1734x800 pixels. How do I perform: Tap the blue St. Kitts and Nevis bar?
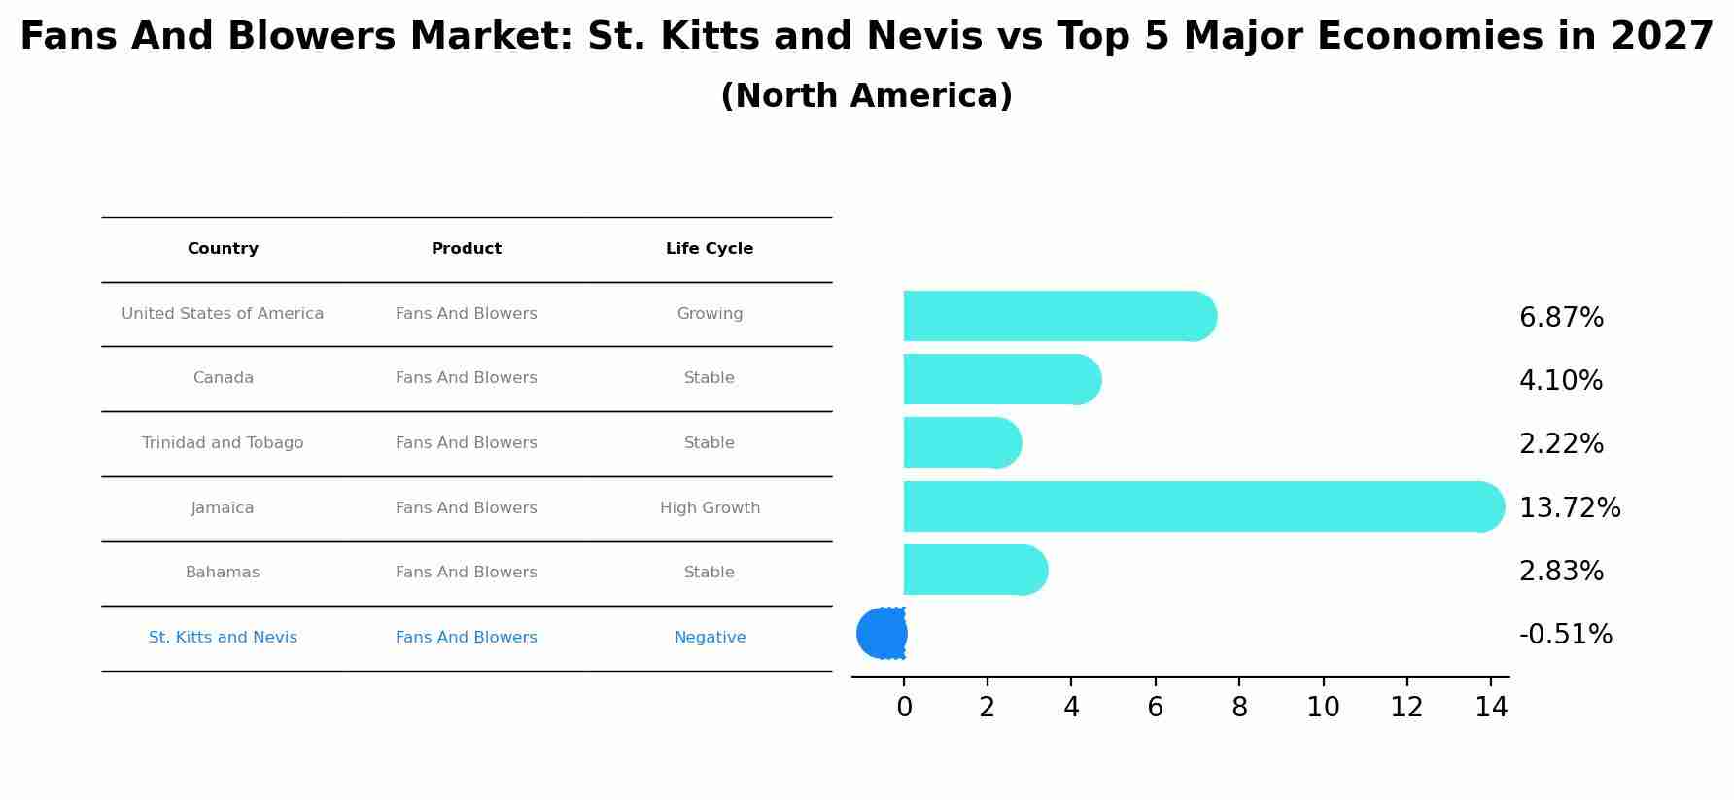[882, 634]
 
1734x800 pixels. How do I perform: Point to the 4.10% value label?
[1561, 381]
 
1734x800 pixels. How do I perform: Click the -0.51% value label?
[1565, 635]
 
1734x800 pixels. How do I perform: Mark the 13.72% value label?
[1570, 508]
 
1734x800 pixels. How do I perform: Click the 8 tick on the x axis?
[1239, 708]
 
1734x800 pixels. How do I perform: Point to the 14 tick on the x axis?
[1491, 708]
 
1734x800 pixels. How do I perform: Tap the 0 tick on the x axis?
[904, 708]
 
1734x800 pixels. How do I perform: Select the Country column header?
[223, 249]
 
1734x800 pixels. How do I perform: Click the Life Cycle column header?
[710, 249]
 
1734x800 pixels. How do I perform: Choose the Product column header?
[467, 249]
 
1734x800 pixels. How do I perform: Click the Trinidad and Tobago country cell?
[223, 443]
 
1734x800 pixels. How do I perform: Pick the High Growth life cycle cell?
[710, 508]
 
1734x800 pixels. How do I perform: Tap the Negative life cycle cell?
[710, 638]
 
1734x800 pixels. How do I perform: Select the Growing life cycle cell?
[710, 314]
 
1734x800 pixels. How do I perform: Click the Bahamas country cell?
[223, 573]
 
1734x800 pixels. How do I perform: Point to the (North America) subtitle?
[866, 96]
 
